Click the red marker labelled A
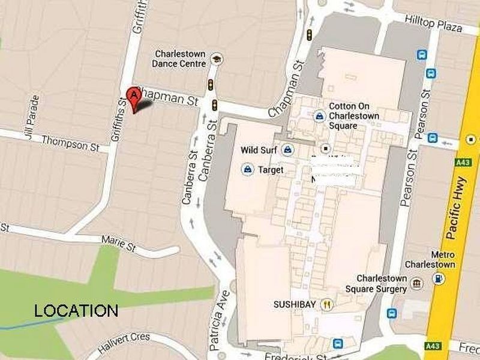(x=133, y=96)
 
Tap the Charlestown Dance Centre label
(x=179, y=58)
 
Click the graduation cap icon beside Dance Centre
(x=216, y=59)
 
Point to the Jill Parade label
(x=32, y=117)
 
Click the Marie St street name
(x=118, y=243)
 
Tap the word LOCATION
(x=76, y=311)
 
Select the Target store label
(x=270, y=170)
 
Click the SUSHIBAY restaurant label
(x=295, y=304)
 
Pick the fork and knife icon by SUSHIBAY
(x=327, y=304)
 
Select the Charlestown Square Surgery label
(x=382, y=283)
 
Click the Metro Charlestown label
(x=438, y=259)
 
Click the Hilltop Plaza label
(x=433, y=24)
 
